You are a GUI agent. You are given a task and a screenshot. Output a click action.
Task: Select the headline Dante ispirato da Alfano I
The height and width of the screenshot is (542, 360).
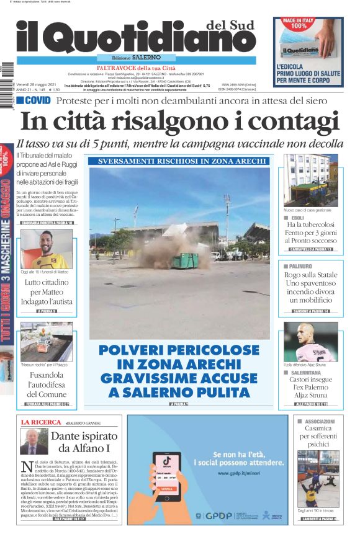(x=79, y=441)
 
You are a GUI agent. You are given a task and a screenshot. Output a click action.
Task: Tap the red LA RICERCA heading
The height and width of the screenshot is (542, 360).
(x=39, y=422)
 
